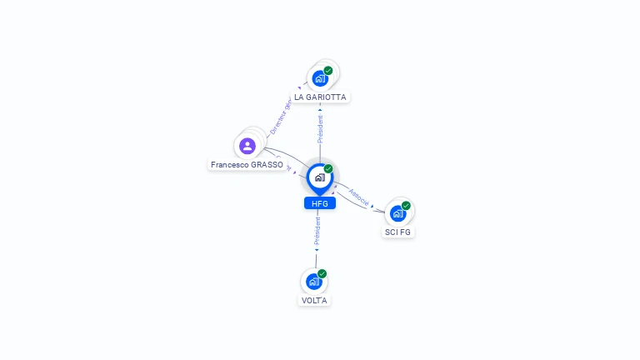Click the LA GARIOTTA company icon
coord(320,78)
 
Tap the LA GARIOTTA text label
coord(320,97)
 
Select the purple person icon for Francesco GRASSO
coord(247,146)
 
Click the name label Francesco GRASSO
coord(247,165)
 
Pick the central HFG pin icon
coord(319,177)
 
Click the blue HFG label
coord(319,203)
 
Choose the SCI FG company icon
coord(397,213)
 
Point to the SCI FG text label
coord(397,232)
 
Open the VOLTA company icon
coord(314,282)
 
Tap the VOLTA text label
coord(314,300)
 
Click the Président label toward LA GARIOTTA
coord(320,129)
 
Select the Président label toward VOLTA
coord(317,233)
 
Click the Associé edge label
coord(359,197)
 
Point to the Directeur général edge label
coord(281,117)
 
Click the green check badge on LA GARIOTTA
coord(328,71)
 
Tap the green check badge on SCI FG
coord(406,206)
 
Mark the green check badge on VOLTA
coord(322,273)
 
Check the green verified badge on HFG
coord(328,169)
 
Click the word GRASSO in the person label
coord(267,165)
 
